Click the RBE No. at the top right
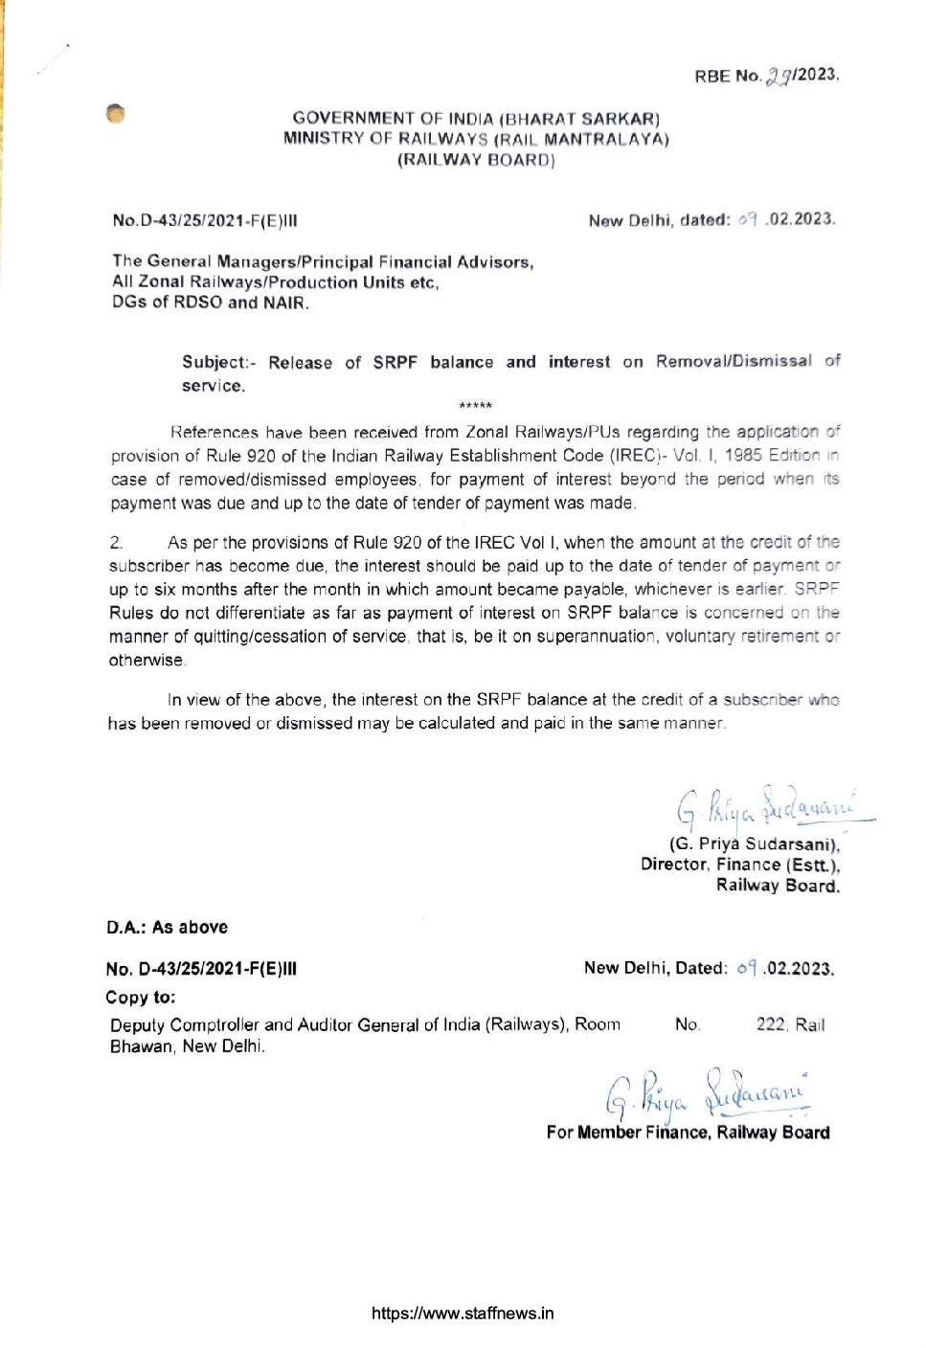[766, 76]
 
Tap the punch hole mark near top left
[116, 113]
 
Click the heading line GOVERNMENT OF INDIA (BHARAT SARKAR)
[476, 119]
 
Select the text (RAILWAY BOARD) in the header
[476, 160]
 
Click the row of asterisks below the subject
[476, 406]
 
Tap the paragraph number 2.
[116, 542]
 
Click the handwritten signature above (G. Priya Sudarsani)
[766, 807]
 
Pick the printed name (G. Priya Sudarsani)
[755, 844]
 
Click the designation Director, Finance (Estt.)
[739, 865]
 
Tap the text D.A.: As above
[167, 928]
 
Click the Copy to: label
[141, 998]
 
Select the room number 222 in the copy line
[771, 1024]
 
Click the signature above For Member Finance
[709, 1094]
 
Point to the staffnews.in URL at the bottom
[463, 1314]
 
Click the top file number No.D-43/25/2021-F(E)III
[205, 220]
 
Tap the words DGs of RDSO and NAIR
[211, 303]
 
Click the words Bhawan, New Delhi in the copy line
[188, 1046]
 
